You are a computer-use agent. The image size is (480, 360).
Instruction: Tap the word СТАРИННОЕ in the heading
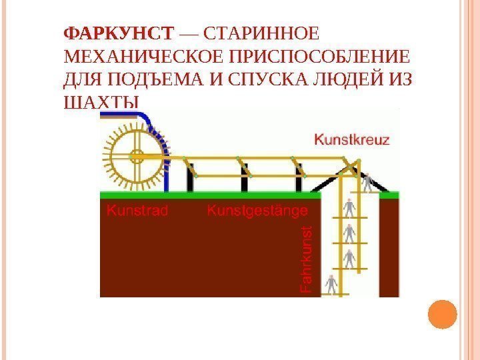(260, 33)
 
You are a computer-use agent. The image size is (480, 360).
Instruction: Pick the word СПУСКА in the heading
(263, 79)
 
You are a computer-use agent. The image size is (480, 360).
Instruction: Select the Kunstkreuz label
(352, 140)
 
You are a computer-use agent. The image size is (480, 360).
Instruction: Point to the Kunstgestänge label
(258, 211)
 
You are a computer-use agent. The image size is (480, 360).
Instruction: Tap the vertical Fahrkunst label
(306, 259)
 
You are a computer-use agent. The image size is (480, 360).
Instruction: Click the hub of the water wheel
(137, 158)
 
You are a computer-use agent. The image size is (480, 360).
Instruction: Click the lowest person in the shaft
(331, 285)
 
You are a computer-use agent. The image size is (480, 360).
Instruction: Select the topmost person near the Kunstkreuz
(366, 181)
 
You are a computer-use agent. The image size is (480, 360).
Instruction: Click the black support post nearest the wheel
(191, 179)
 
